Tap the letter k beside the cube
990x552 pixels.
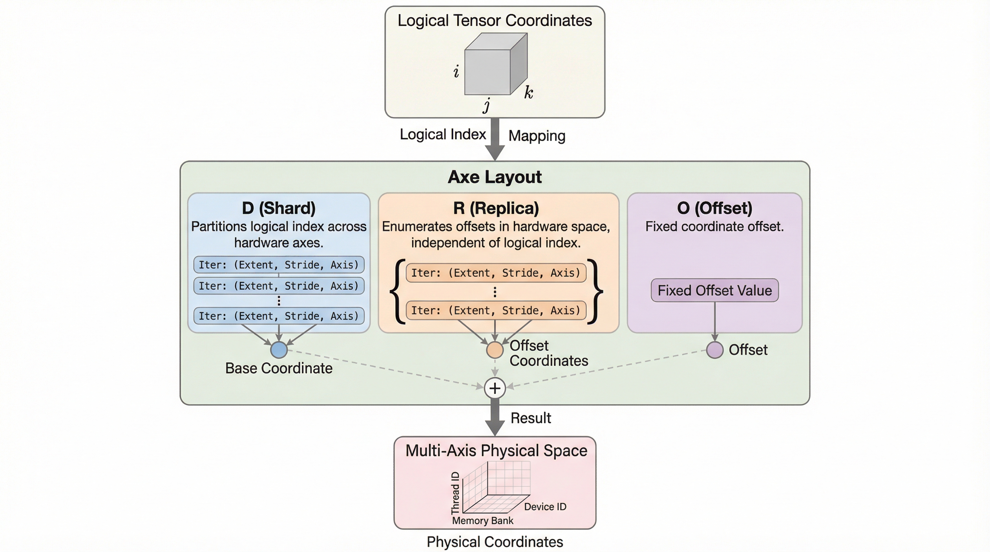[529, 92]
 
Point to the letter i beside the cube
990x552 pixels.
[456, 72]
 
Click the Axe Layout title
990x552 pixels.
[495, 177]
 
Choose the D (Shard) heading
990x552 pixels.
[279, 208]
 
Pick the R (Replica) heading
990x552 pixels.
[496, 208]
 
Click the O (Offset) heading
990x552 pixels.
[714, 208]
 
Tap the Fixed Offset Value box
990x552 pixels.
[714, 290]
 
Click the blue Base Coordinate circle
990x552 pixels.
[279, 350]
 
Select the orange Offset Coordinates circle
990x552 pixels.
[495, 350]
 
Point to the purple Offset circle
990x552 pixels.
[714, 350]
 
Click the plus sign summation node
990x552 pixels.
[495, 388]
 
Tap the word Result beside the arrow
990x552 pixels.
[530, 418]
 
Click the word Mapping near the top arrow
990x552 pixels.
[536, 136]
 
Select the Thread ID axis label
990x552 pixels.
[455, 493]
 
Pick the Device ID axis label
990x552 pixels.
[545, 507]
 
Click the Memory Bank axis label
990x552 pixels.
[482, 520]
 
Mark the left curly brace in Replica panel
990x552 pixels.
[398, 292]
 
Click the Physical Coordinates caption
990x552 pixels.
[495, 542]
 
